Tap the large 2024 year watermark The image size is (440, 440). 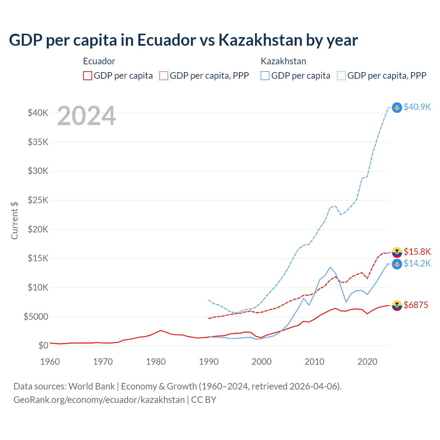[86, 116]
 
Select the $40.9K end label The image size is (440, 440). [417, 107]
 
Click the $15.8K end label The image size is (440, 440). [417, 252]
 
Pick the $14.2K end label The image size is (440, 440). [417, 263]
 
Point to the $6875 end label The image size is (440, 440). [416, 305]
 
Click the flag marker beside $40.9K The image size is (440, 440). [397, 108]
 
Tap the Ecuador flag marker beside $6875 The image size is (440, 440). [397, 305]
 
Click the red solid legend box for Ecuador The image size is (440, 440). [88, 76]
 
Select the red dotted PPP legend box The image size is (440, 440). [164, 76]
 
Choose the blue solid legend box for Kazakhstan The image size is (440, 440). [265, 76]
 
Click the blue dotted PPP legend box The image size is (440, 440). [341, 76]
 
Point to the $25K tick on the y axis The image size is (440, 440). [38, 200]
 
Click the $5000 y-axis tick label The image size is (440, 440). [36, 317]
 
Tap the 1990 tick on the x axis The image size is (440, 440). [209, 362]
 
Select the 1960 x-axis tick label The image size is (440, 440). [50, 362]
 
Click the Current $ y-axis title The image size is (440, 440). [14, 220]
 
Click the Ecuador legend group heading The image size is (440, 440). [99, 61]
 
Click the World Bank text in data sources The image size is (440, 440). [91, 386]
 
